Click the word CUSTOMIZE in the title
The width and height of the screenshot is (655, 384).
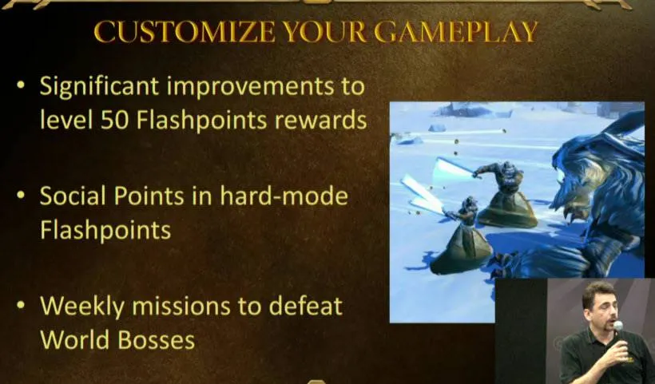pyautogui.click(x=185, y=32)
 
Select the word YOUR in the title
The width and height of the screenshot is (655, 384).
pyautogui.click(x=324, y=32)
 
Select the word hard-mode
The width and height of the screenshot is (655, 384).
pyautogui.click(x=284, y=196)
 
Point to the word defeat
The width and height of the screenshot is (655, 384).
pyautogui.click(x=305, y=306)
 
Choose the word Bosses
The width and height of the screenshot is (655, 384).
pyautogui.click(x=157, y=340)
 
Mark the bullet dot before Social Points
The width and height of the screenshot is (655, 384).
pyautogui.click(x=21, y=195)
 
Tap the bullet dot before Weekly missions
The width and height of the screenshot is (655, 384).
pyautogui.click(x=21, y=305)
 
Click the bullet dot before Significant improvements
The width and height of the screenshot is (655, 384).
pyautogui.click(x=21, y=85)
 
